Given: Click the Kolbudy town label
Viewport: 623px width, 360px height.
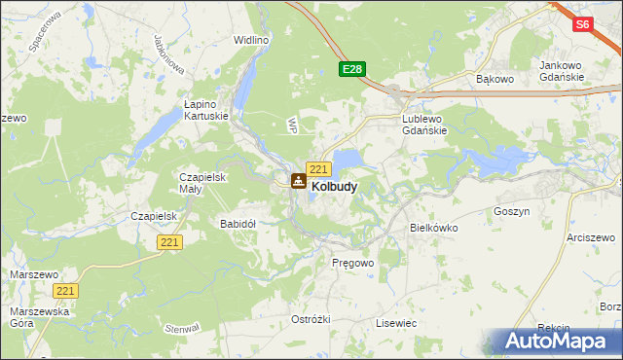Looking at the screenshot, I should [334, 185].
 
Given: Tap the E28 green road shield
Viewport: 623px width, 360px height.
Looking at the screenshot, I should [352, 69].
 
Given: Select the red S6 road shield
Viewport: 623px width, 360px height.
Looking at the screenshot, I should [582, 24].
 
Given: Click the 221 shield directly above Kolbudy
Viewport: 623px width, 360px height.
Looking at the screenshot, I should [317, 169].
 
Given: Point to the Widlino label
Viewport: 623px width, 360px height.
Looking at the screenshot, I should [251, 41].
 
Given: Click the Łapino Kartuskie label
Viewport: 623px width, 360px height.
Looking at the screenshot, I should [206, 109].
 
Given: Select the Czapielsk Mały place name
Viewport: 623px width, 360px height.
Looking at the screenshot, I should [202, 183].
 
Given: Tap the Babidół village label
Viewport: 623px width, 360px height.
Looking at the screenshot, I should [238, 223].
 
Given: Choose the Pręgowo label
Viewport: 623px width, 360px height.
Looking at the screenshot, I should [352, 263].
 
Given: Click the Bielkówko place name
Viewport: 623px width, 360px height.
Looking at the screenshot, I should [433, 227].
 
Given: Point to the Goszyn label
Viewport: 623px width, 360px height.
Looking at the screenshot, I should [511, 210].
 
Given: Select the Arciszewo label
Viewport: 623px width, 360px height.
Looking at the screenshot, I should [593, 236].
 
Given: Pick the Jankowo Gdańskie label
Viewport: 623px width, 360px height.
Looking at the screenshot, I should [561, 71].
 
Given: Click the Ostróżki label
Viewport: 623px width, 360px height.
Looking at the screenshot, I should [311, 319].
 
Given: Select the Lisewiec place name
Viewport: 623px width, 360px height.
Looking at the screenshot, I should [396, 322].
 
